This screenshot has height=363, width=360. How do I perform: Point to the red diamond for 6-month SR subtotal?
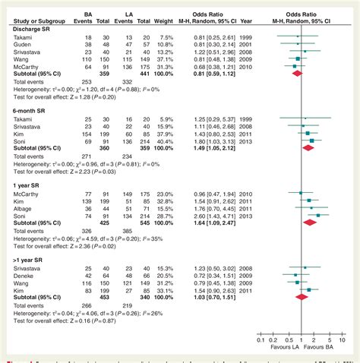click(307, 148)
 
